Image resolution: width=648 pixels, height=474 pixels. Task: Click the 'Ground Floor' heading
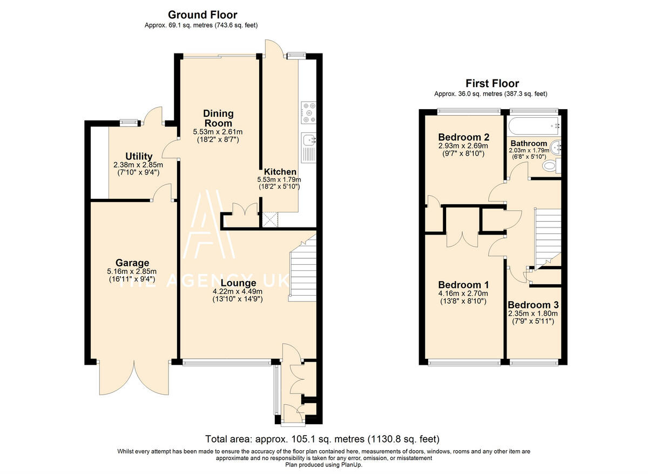(x=202, y=15)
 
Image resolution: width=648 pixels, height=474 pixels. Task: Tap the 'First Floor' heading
(x=492, y=83)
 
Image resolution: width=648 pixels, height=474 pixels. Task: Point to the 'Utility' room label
(x=139, y=157)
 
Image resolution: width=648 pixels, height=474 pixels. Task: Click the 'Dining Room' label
(x=218, y=118)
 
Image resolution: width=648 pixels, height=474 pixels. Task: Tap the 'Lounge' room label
(x=238, y=283)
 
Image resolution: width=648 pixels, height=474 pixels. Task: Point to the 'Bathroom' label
(x=529, y=144)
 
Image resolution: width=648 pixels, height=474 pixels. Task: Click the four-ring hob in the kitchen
(x=308, y=110)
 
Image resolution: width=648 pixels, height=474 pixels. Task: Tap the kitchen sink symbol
(x=309, y=140)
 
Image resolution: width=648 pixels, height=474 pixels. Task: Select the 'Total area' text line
(x=322, y=439)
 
